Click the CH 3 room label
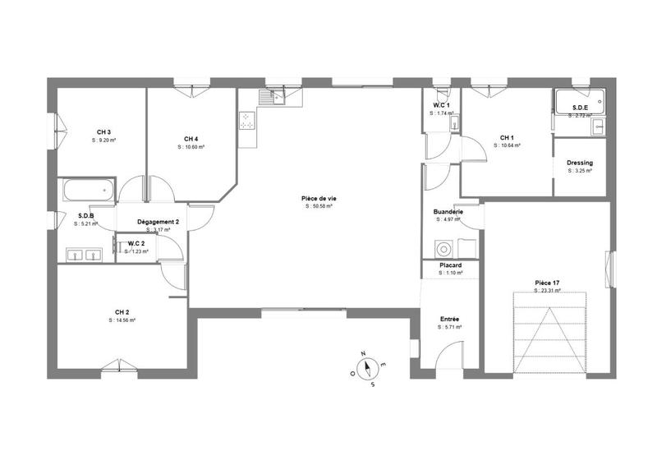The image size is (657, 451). [103, 132]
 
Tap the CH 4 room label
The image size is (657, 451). [191, 138]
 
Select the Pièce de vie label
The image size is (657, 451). [319, 198]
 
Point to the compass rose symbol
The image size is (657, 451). [366, 367]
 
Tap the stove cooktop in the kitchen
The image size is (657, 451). [246, 122]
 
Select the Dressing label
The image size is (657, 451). [580, 163]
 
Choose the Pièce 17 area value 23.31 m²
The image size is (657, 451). [547, 290]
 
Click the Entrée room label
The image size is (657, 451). [449, 319]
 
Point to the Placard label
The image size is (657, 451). [450, 265]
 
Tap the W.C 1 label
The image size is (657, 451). [443, 105]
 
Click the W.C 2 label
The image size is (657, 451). [136, 243]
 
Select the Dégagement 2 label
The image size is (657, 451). [159, 222]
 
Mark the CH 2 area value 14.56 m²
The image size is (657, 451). [122, 320]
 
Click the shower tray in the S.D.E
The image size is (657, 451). [579, 104]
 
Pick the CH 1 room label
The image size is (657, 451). [507, 137]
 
